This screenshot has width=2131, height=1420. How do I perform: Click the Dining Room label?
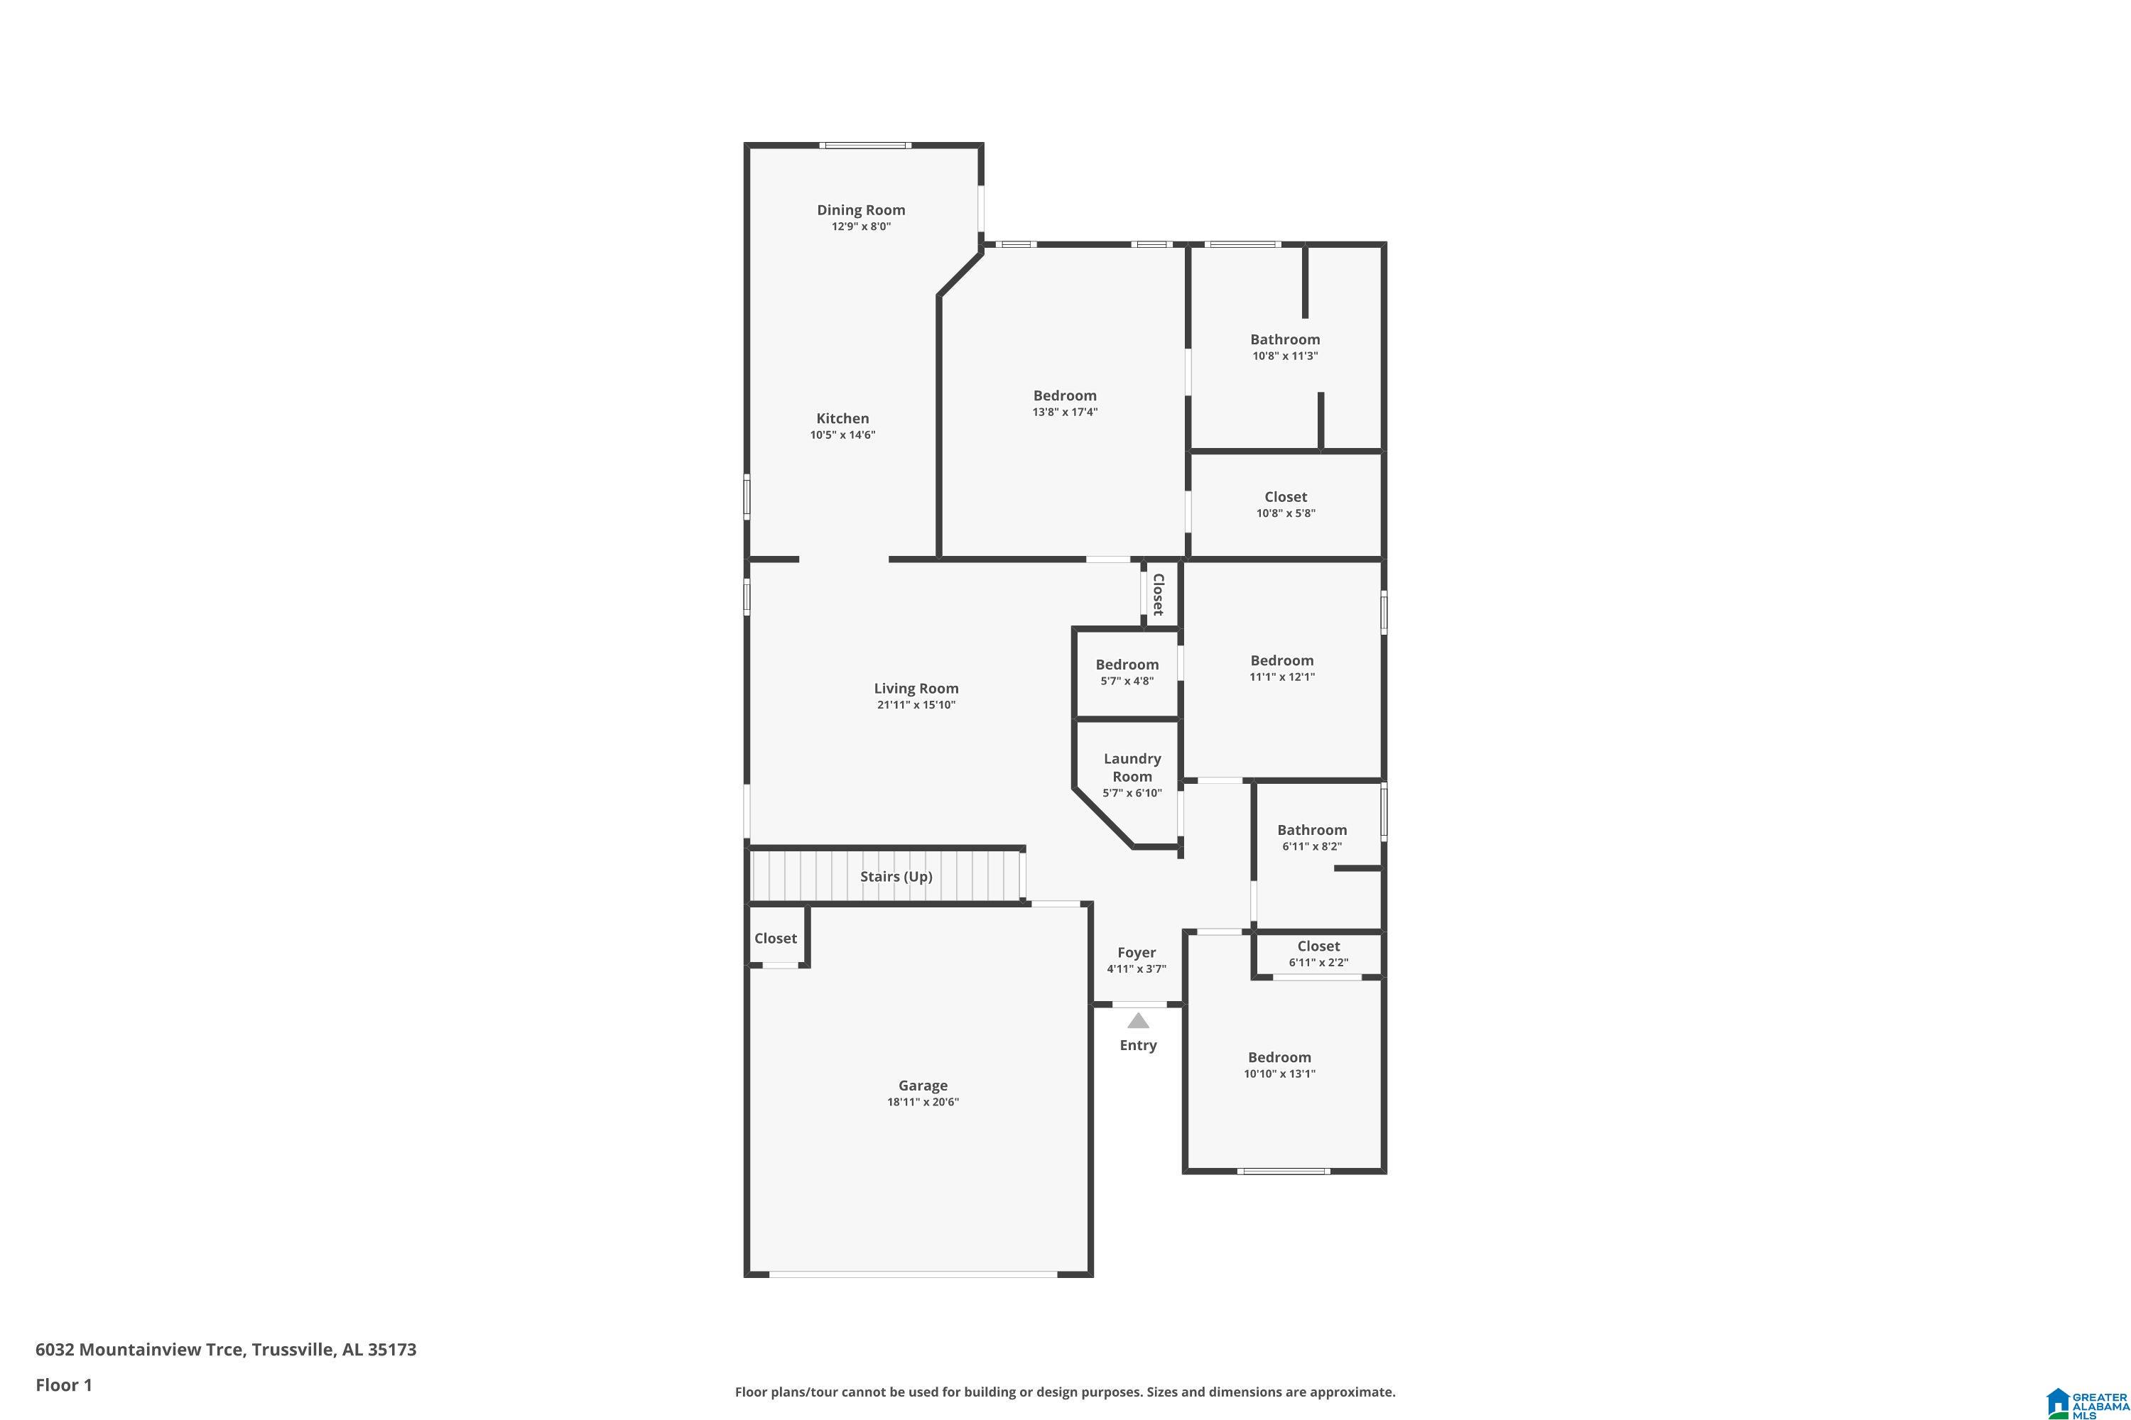coord(861,210)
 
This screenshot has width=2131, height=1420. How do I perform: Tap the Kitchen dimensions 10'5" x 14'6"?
coord(842,435)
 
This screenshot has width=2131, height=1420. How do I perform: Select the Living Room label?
coord(916,688)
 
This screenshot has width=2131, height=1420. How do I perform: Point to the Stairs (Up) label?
coord(896,877)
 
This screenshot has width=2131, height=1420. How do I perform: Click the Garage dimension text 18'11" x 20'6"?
coord(922,1102)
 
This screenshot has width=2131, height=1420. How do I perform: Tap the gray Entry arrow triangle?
coord(1138,1022)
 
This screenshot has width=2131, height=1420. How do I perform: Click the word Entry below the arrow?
coord(1138,1045)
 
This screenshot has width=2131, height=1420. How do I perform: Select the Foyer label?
coord(1136,953)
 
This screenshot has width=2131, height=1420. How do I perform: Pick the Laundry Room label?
coord(1132,767)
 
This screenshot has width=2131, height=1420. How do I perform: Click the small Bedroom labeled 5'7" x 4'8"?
coord(1127,665)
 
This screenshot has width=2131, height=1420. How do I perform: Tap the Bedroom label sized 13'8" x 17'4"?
coord(1065,395)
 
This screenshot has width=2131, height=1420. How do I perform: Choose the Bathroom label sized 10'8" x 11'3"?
coord(1285,339)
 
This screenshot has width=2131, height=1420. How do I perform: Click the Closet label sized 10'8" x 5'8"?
coord(1286,497)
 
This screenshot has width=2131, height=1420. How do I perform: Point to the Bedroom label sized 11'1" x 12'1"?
coord(1282,661)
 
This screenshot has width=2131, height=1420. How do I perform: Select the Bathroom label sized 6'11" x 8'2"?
coord(1312,831)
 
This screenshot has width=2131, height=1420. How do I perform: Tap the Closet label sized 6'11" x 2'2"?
coord(1318,946)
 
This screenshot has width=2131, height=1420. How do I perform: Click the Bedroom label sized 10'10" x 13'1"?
coord(1279,1058)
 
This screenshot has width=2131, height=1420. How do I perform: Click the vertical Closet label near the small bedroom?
coord(1157,594)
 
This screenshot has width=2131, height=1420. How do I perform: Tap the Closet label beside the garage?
coord(776,938)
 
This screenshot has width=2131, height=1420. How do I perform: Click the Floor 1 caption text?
coord(63,1384)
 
